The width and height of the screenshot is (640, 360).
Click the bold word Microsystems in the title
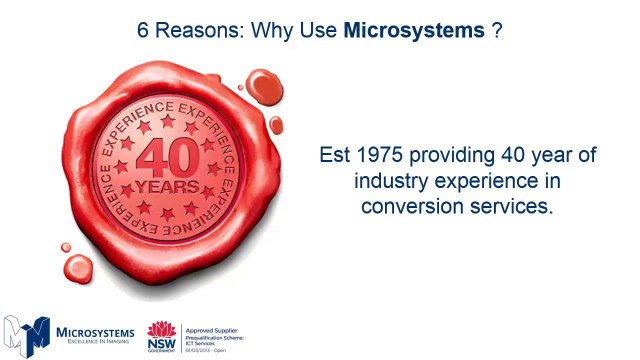pyautogui.click(x=413, y=30)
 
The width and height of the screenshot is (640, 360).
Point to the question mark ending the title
pyautogui.click(x=496, y=30)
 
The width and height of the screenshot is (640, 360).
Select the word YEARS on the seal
pyautogui.click(x=166, y=186)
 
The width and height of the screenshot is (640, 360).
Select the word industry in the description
pyautogui.click(x=391, y=182)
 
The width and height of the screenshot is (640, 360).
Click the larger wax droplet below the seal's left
pyautogui.click(x=78, y=266)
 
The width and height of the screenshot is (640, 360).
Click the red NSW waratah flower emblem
pyautogui.click(x=161, y=330)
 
